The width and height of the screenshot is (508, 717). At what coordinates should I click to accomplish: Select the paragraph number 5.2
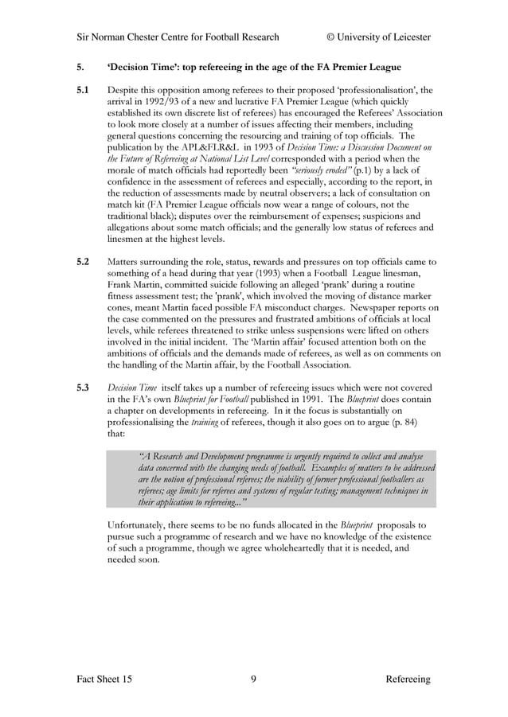pos(83,262)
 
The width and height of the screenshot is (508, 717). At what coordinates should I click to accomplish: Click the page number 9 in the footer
pos(253,679)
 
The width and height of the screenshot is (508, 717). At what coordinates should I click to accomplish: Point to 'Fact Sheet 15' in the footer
pos(105,679)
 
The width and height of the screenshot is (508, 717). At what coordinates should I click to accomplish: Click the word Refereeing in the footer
pos(408,679)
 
